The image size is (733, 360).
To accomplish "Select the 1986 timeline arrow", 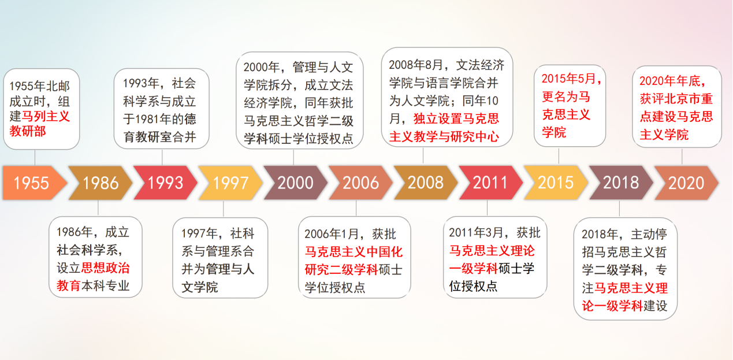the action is pyautogui.click(x=100, y=183).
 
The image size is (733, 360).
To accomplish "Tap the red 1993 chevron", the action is pyautogui.click(x=165, y=183).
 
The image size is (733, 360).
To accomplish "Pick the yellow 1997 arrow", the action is pyautogui.click(x=230, y=183).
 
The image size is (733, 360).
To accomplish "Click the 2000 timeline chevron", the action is pyautogui.click(x=296, y=183).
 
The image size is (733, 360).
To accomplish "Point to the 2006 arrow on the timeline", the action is pyautogui.click(x=360, y=183).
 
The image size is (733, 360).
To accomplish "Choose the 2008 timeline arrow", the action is pyautogui.click(x=426, y=183).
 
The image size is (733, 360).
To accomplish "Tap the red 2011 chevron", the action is pyautogui.click(x=491, y=183).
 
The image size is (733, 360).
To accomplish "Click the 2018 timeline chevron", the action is pyautogui.click(x=621, y=183).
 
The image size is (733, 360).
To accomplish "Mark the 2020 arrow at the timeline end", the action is pyautogui.click(x=686, y=183).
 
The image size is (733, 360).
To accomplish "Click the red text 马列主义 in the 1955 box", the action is pyautogui.click(x=46, y=117).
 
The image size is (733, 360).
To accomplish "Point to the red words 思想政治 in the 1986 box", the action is pyautogui.click(x=105, y=268).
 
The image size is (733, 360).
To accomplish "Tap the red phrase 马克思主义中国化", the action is pyautogui.click(x=354, y=252).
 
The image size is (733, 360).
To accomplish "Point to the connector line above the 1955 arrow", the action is pyautogui.click(x=35, y=158).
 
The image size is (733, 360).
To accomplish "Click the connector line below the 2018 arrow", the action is pyautogui.click(x=619, y=209).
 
